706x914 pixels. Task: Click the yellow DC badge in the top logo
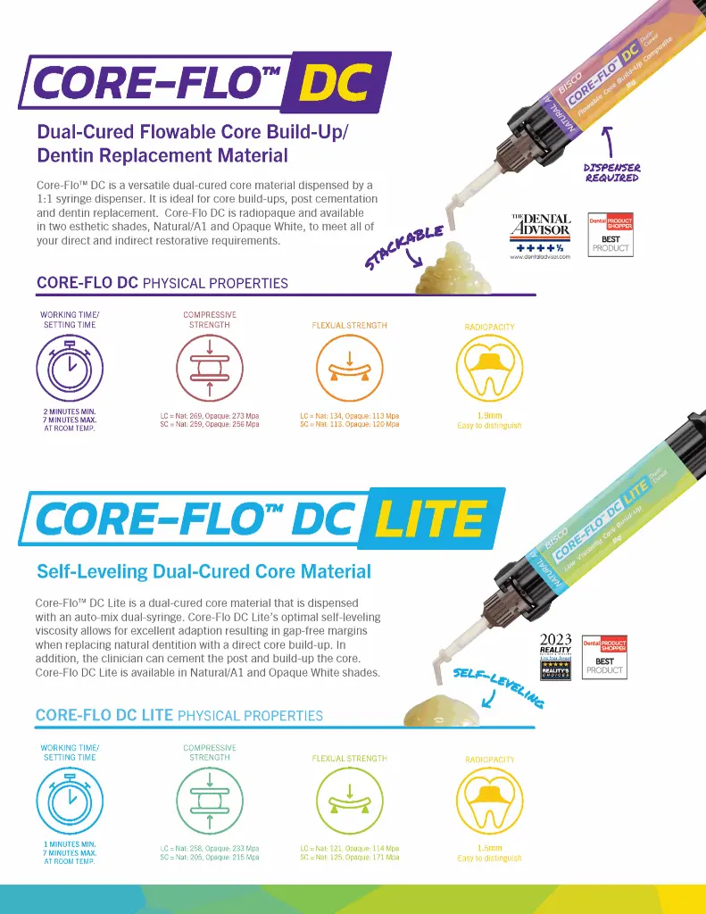click(x=334, y=83)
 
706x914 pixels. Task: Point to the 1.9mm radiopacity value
click(x=489, y=416)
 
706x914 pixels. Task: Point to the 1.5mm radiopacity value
click(x=489, y=848)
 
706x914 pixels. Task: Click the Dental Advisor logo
click(x=540, y=237)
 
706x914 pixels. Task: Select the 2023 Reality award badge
click(x=556, y=656)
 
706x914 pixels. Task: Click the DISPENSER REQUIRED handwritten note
click(x=611, y=172)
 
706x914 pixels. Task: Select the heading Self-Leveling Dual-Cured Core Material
click(x=203, y=570)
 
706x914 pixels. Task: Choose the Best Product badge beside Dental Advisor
click(x=610, y=234)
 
